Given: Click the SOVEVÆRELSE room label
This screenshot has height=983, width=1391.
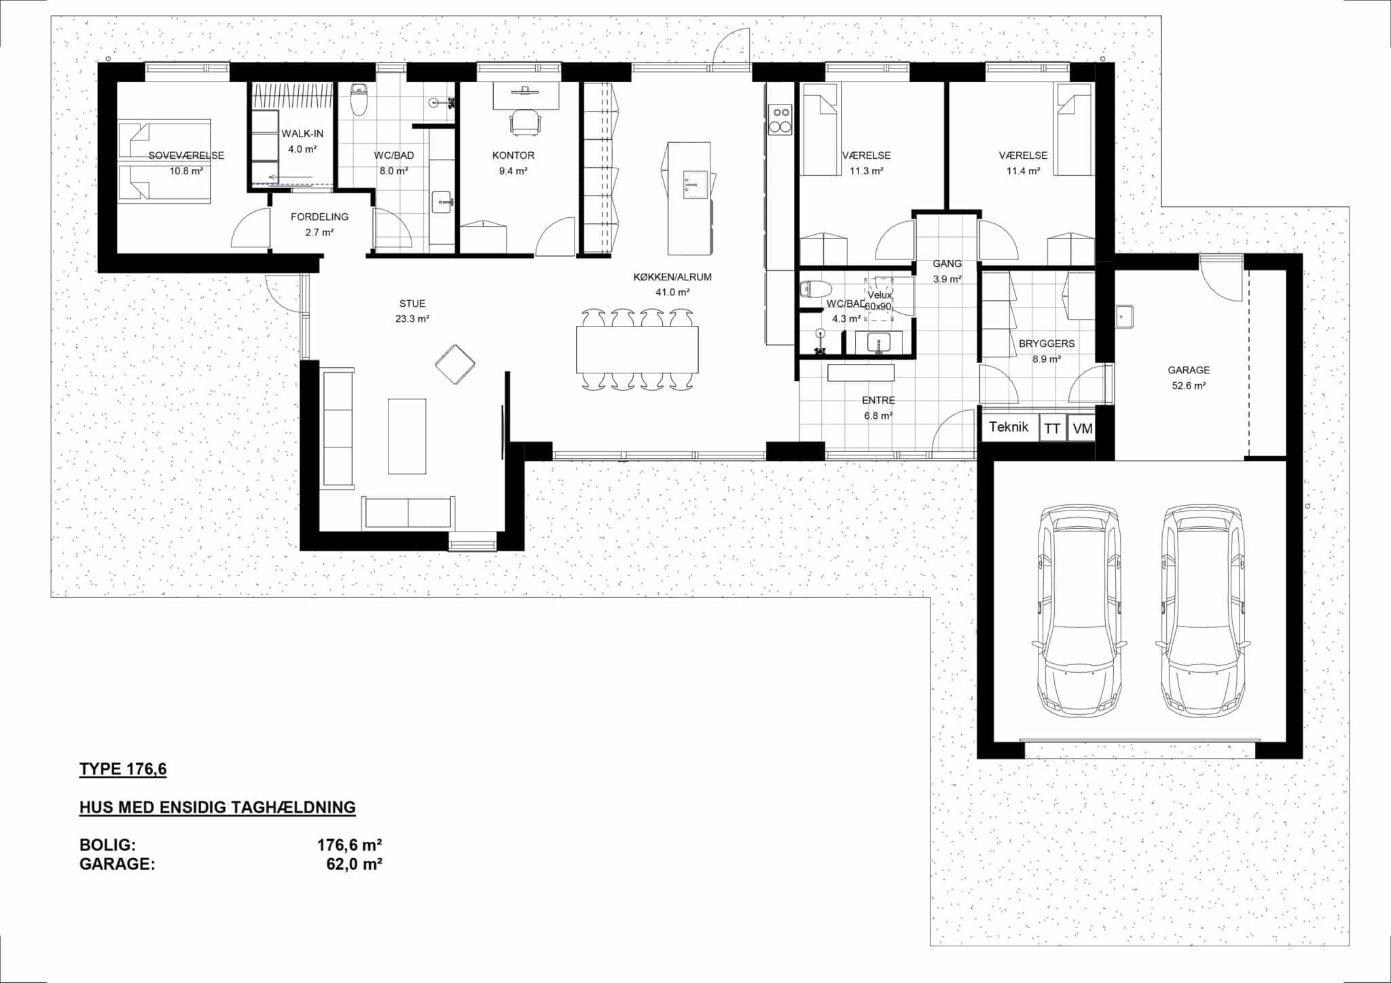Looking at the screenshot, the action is tap(186, 155).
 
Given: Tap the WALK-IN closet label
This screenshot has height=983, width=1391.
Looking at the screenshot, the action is tap(302, 134).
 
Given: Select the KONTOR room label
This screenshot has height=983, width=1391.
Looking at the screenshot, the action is tap(513, 155).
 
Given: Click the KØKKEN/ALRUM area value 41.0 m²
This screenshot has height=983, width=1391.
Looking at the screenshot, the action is tap(672, 293).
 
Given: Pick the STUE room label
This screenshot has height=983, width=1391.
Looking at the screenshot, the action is tap(412, 303).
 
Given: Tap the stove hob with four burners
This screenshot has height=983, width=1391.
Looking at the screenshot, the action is tap(780, 119).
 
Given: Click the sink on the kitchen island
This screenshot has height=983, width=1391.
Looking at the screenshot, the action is tap(695, 185).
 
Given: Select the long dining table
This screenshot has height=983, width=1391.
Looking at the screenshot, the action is tap(637, 350).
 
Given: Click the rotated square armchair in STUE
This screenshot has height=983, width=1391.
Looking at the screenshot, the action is tap(455, 365).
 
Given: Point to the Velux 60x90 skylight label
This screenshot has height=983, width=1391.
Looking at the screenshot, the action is tap(879, 301).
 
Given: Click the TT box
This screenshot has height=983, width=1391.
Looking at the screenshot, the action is tap(1052, 428).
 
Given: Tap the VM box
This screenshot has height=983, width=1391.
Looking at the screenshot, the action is tap(1082, 428).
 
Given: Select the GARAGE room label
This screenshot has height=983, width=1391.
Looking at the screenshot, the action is tap(1189, 370).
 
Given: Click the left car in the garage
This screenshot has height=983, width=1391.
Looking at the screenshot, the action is tap(1079, 610).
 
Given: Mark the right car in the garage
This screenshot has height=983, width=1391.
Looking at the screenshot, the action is tap(1203, 610).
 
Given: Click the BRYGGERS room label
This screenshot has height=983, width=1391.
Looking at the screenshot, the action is tap(1047, 344).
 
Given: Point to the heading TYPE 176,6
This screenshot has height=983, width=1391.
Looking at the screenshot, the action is tap(123, 769).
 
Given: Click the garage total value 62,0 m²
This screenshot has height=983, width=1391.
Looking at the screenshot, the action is tap(354, 864).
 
